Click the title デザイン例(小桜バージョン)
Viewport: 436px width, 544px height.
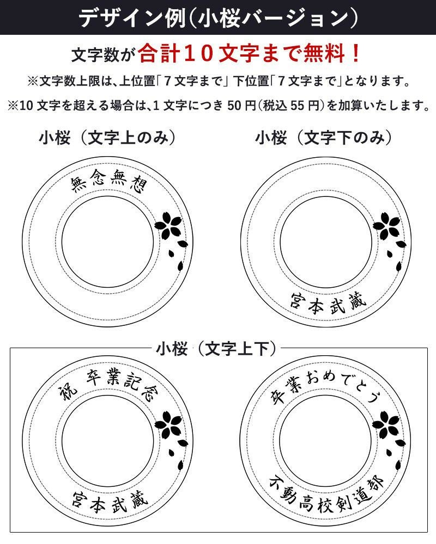(x=219, y=18)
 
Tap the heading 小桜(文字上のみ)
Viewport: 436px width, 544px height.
(x=107, y=138)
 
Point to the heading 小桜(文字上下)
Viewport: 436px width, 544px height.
(x=216, y=348)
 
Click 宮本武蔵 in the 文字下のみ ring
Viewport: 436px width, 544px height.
(x=329, y=304)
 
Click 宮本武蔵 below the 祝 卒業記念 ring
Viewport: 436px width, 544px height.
(x=110, y=502)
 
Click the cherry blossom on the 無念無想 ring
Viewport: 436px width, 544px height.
(x=168, y=226)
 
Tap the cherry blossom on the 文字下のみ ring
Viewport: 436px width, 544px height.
(x=387, y=226)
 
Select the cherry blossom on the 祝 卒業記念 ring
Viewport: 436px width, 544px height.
(x=169, y=425)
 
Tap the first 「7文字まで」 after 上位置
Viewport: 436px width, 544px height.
(x=193, y=82)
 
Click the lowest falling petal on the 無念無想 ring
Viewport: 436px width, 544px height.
(x=180, y=266)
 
